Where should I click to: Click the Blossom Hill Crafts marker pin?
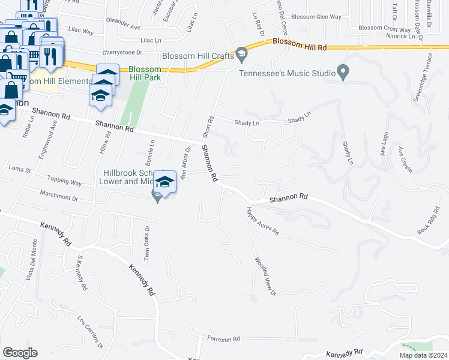coord(241,55)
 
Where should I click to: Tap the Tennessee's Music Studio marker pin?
coord(343,72)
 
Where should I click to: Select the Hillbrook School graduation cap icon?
coord(164,182)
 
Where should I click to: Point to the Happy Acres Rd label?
coord(263,220)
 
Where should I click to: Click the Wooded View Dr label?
coord(264,277)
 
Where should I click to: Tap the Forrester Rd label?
coord(223,339)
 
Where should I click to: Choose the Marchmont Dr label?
coord(59,196)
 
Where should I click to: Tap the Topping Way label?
coord(65,182)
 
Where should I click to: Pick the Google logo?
coord(20,353)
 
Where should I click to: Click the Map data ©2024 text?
coord(423,355)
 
